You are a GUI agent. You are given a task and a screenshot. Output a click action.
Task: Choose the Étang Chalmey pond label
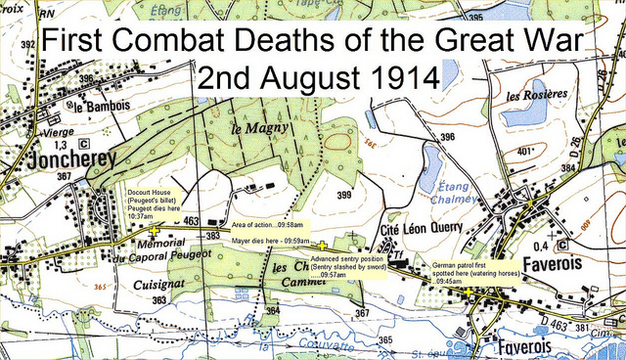pyautogui.click(x=451, y=201)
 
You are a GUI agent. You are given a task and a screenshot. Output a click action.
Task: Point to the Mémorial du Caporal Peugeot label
pyautogui.click(x=146, y=250)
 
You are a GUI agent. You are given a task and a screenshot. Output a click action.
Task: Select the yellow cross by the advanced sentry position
pyautogui.click(x=323, y=245)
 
